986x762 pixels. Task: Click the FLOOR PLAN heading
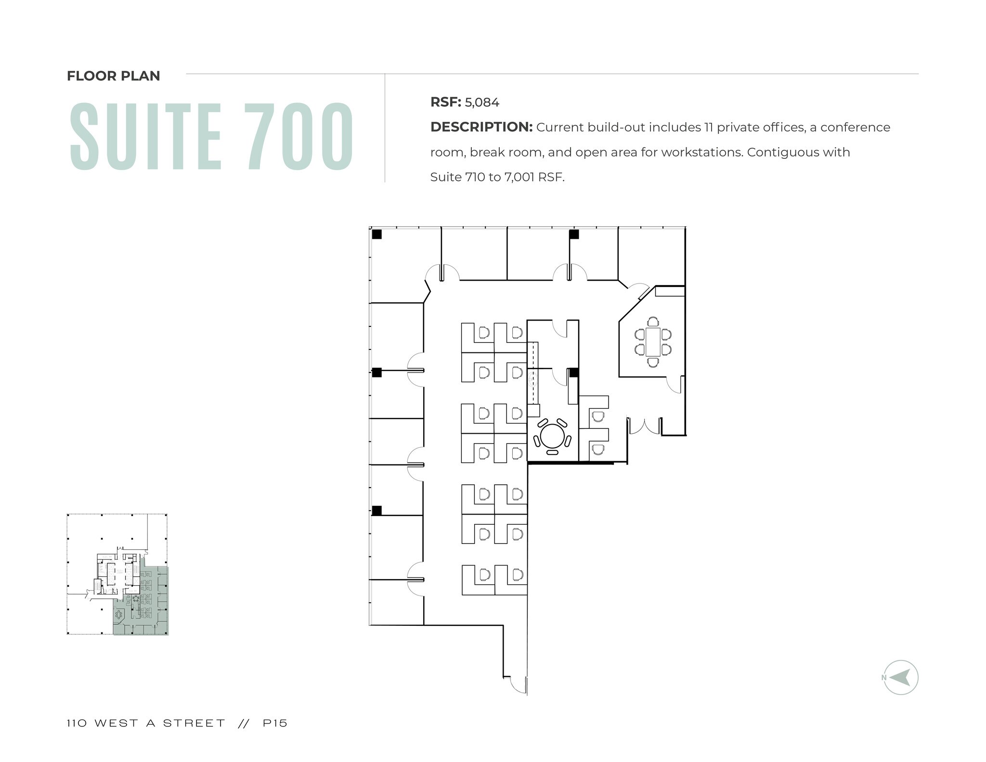[113, 76]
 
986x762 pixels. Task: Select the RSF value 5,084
[482, 103]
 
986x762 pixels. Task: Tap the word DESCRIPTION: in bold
[481, 128]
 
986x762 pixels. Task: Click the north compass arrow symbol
[900, 677]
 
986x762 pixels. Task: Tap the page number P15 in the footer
[275, 723]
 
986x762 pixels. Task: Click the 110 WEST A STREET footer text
[146, 723]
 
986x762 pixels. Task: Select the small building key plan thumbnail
[117, 574]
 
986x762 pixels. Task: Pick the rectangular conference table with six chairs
[653, 342]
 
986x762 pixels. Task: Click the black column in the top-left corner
[376, 234]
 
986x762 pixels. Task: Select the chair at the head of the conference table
[653, 322]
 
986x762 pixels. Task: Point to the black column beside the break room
[573, 373]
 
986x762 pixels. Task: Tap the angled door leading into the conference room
[641, 291]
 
